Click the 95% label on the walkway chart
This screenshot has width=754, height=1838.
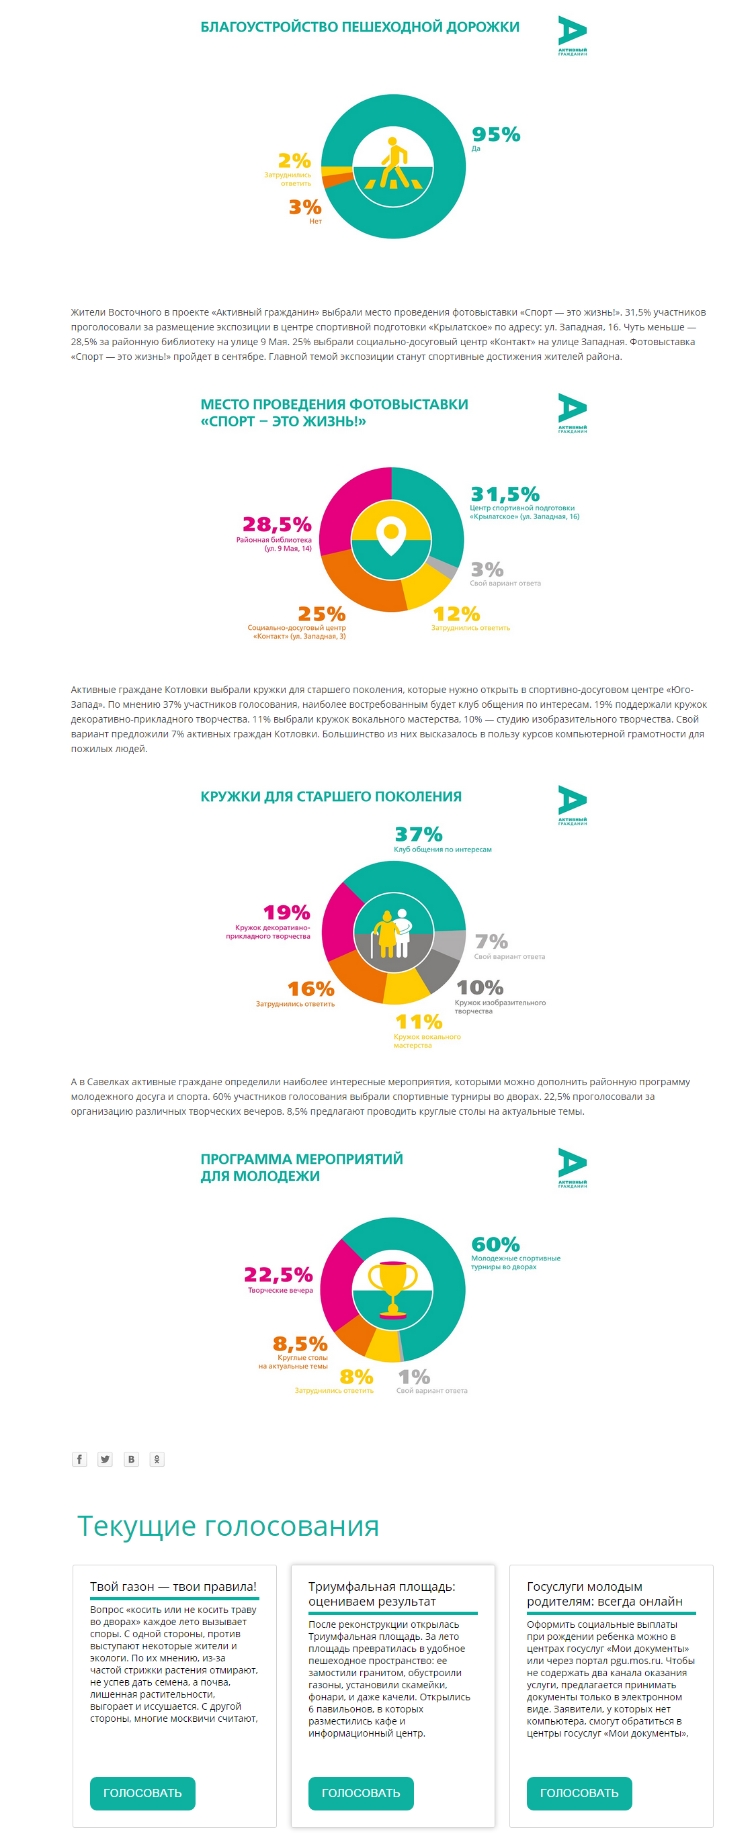[x=495, y=134]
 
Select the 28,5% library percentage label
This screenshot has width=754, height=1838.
[x=277, y=524]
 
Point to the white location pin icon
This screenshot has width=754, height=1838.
[x=391, y=536]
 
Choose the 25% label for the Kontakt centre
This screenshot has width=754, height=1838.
[x=321, y=614]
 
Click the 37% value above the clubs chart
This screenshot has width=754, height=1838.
[x=419, y=834]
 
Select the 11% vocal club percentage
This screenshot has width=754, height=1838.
[x=419, y=1022]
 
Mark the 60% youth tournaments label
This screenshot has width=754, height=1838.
[x=495, y=1244]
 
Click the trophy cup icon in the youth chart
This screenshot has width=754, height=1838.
[x=392, y=1289]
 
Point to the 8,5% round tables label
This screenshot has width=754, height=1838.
[x=300, y=1344]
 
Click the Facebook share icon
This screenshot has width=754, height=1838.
[x=79, y=1459]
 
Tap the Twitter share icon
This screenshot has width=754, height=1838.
[x=105, y=1459]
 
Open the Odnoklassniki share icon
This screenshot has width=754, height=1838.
[x=157, y=1459]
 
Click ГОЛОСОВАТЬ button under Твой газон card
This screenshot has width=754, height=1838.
[x=142, y=1793]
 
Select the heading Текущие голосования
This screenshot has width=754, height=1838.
[x=228, y=1527]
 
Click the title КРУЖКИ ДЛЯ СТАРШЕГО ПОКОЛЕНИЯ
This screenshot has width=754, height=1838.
[x=331, y=796]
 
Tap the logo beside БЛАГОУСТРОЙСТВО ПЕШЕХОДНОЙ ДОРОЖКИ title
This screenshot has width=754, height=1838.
[x=572, y=36]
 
